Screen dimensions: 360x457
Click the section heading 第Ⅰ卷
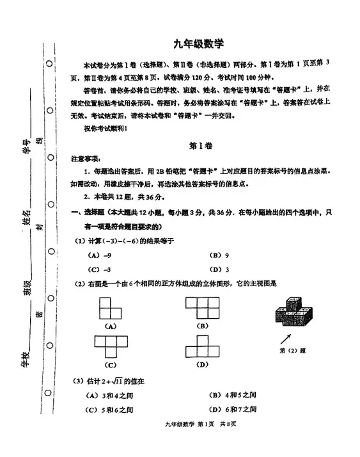tap(198, 145)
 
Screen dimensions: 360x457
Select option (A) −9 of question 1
tap(97, 254)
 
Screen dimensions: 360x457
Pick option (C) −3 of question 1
tap(97, 269)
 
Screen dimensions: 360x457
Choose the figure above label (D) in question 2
tap(203, 347)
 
